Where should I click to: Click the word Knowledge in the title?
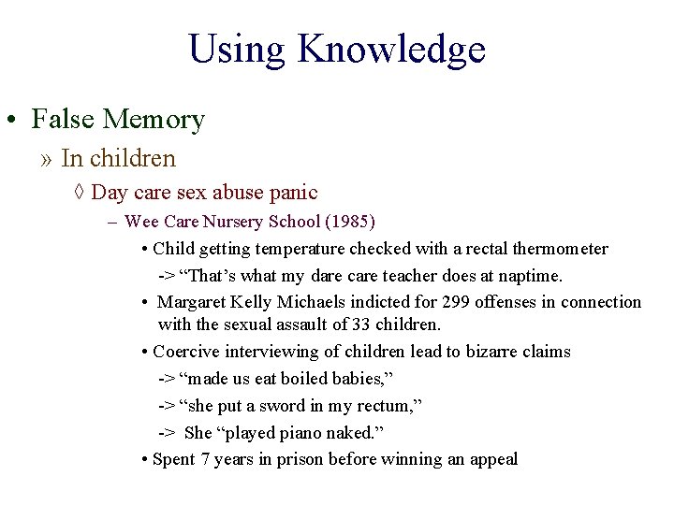pos(391,49)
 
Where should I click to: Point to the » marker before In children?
pos(47,159)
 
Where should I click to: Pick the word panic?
pos(293,194)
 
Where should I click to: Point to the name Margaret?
pos(193,302)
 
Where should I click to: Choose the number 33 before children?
pos(362,325)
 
